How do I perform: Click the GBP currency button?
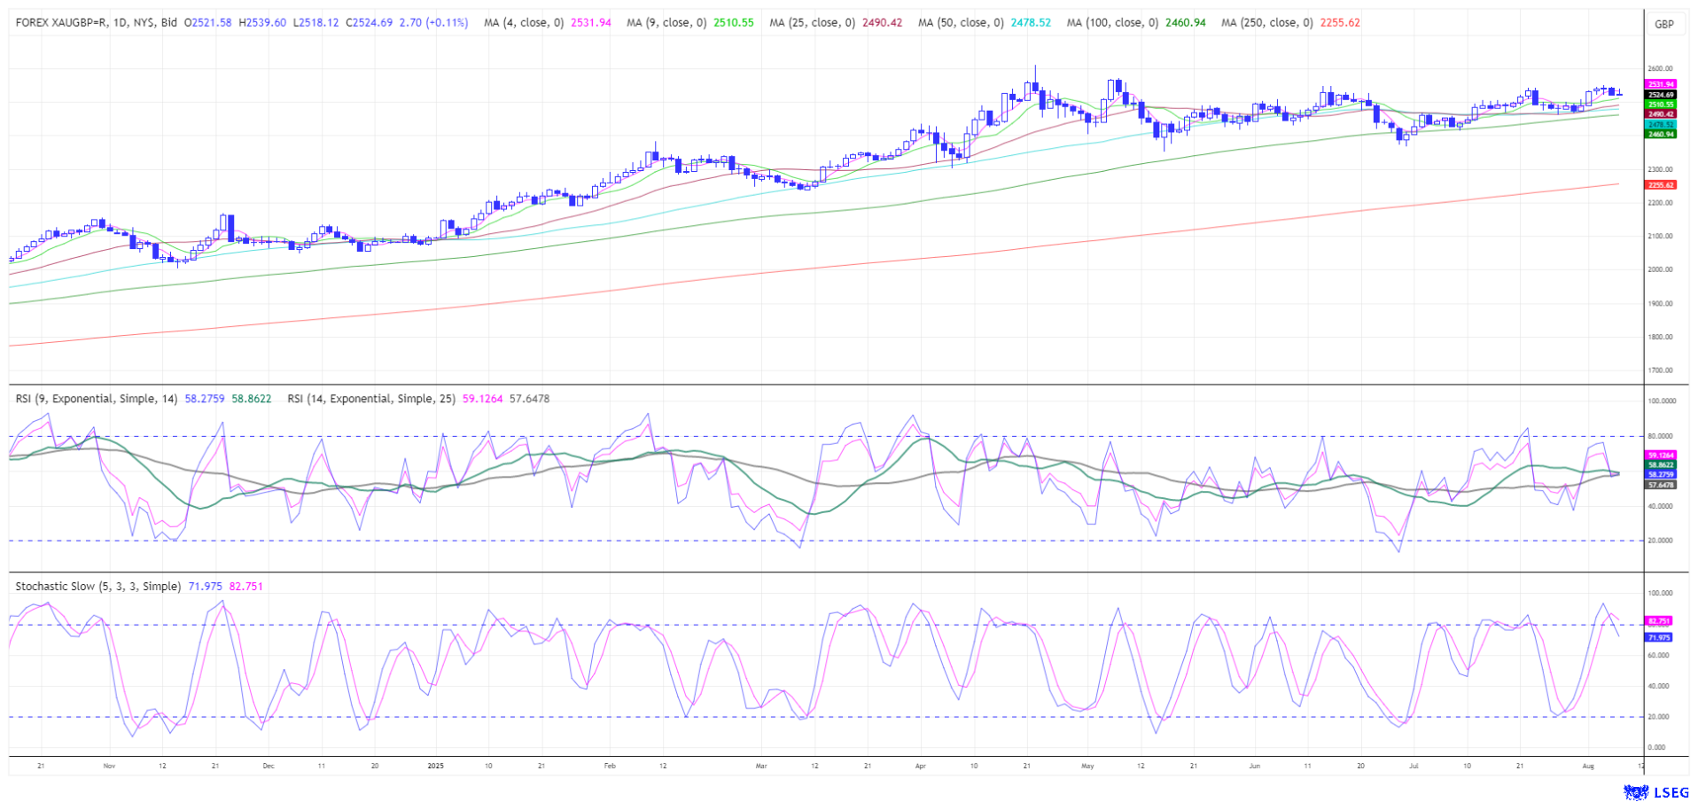tap(1663, 24)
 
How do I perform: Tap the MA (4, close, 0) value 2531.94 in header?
tap(590, 23)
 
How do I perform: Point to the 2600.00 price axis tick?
tap(1659, 68)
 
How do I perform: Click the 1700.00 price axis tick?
tap(1659, 370)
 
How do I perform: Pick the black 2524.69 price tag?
tap(1660, 95)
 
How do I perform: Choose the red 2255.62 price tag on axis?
tap(1660, 185)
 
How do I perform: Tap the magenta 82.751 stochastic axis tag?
tap(1658, 621)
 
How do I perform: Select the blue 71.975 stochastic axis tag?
tap(1658, 637)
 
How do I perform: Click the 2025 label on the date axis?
tap(434, 766)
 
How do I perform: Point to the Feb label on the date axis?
tap(609, 766)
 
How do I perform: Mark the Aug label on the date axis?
tap(1588, 766)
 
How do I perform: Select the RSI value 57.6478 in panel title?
tap(529, 399)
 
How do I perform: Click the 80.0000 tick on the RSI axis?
tap(1661, 436)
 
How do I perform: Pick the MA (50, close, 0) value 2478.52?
tap(1031, 23)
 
